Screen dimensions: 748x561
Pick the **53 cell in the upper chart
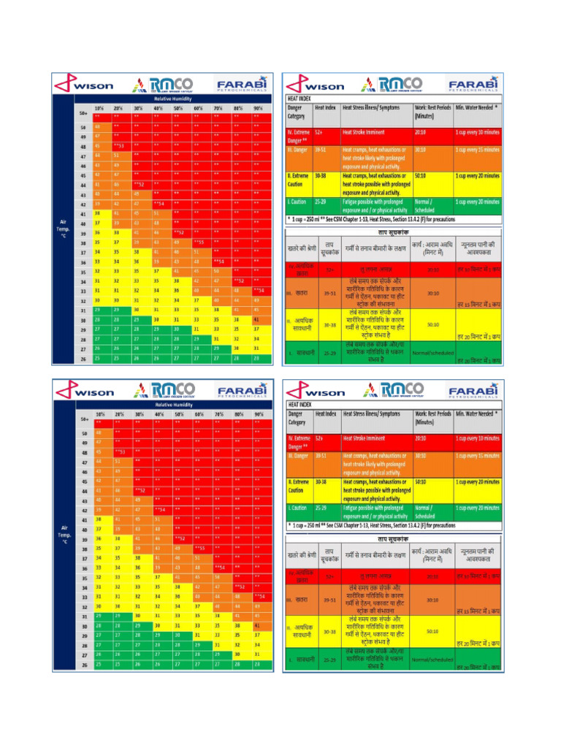[120, 146]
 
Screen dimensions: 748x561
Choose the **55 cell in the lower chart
[199, 547]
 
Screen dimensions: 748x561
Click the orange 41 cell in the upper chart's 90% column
[256, 319]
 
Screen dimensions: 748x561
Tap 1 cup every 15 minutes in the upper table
[478, 150]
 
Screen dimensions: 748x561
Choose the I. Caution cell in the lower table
[298, 507]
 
